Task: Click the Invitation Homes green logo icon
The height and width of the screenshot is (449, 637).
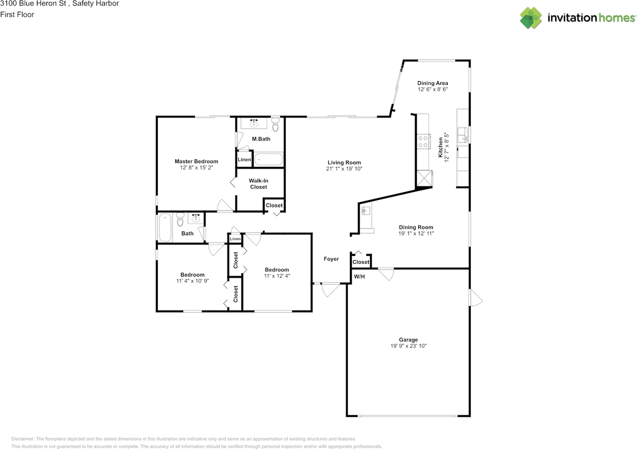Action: (x=531, y=17)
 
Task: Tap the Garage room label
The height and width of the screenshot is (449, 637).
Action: (x=408, y=340)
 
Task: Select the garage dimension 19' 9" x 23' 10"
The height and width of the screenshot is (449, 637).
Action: (x=408, y=346)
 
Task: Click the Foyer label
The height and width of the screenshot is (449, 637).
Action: (x=331, y=259)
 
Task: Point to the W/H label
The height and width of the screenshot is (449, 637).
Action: (x=359, y=276)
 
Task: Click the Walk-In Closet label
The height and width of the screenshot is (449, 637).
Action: (x=258, y=184)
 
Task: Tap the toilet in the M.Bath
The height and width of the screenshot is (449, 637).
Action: (x=276, y=123)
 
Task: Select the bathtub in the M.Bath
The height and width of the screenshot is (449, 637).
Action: (x=268, y=160)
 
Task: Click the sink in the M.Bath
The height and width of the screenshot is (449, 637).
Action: (x=254, y=123)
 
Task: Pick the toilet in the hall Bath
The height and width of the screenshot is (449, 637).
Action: (x=180, y=220)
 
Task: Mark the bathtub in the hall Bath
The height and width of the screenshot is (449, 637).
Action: (x=165, y=227)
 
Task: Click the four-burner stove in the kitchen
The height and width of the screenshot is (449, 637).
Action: (x=424, y=142)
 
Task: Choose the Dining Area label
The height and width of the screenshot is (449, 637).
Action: (x=432, y=83)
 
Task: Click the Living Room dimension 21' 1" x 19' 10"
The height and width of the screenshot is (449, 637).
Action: (x=344, y=169)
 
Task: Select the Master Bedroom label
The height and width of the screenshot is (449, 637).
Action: (x=196, y=161)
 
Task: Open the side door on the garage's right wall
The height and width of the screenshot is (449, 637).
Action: (x=475, y=298)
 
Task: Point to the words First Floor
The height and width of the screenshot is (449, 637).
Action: (x=17, y=14)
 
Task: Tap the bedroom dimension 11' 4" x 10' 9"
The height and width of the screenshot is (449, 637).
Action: (x=192, y=281)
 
